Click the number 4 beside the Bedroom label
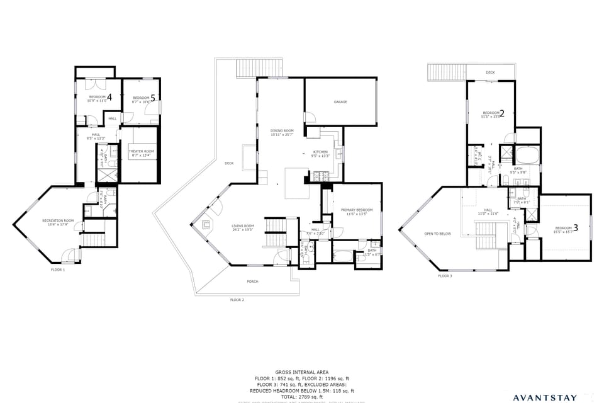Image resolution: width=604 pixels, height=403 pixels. coord(109,97)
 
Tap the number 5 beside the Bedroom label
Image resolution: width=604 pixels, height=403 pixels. coord(152,98)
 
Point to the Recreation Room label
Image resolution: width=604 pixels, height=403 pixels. coord(58,220)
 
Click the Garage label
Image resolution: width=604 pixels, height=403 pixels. coord(340,101)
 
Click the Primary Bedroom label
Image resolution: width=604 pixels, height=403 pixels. coord(356,210)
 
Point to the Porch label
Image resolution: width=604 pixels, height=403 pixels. coord(252,281)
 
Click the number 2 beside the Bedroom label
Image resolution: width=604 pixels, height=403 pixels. coord(501,113)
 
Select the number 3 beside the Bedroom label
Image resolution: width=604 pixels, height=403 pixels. coord(575,228)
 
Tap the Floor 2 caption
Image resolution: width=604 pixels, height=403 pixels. coord(237,300)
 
